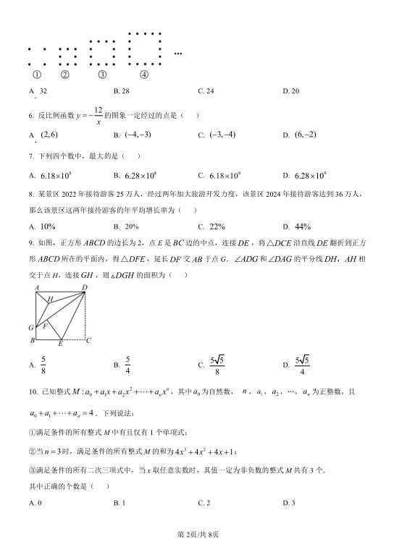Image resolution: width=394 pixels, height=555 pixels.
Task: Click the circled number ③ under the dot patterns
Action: [x=102, y=74]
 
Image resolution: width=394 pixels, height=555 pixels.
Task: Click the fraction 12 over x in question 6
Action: [x=98, y=115]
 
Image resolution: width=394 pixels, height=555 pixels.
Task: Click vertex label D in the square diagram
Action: [x=85, y=287]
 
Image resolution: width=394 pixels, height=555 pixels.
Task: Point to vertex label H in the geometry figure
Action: [x=50, y=298]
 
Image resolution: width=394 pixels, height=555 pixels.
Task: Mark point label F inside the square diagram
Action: [x=44, y=326]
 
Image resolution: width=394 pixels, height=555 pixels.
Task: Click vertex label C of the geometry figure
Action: [x=88, y=339]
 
